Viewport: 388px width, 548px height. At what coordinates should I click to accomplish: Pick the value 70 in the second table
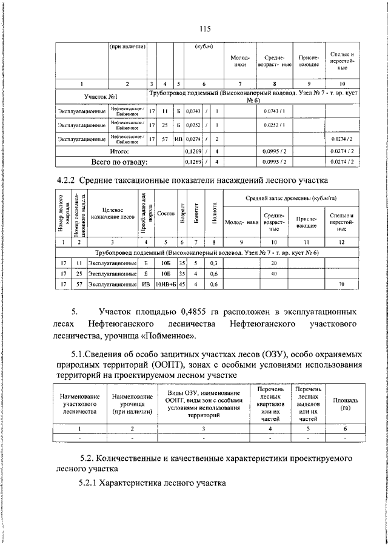pyautogui.click(x=341, y=284)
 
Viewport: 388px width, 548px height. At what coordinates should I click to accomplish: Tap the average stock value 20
pyautogui.click(x=273, y=263)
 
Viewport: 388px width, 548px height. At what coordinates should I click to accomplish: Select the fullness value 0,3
pyautogui.click(x=213, y=263)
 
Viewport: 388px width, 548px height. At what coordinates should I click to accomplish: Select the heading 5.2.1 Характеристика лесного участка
pyautogui.click(x=152, y=483)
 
